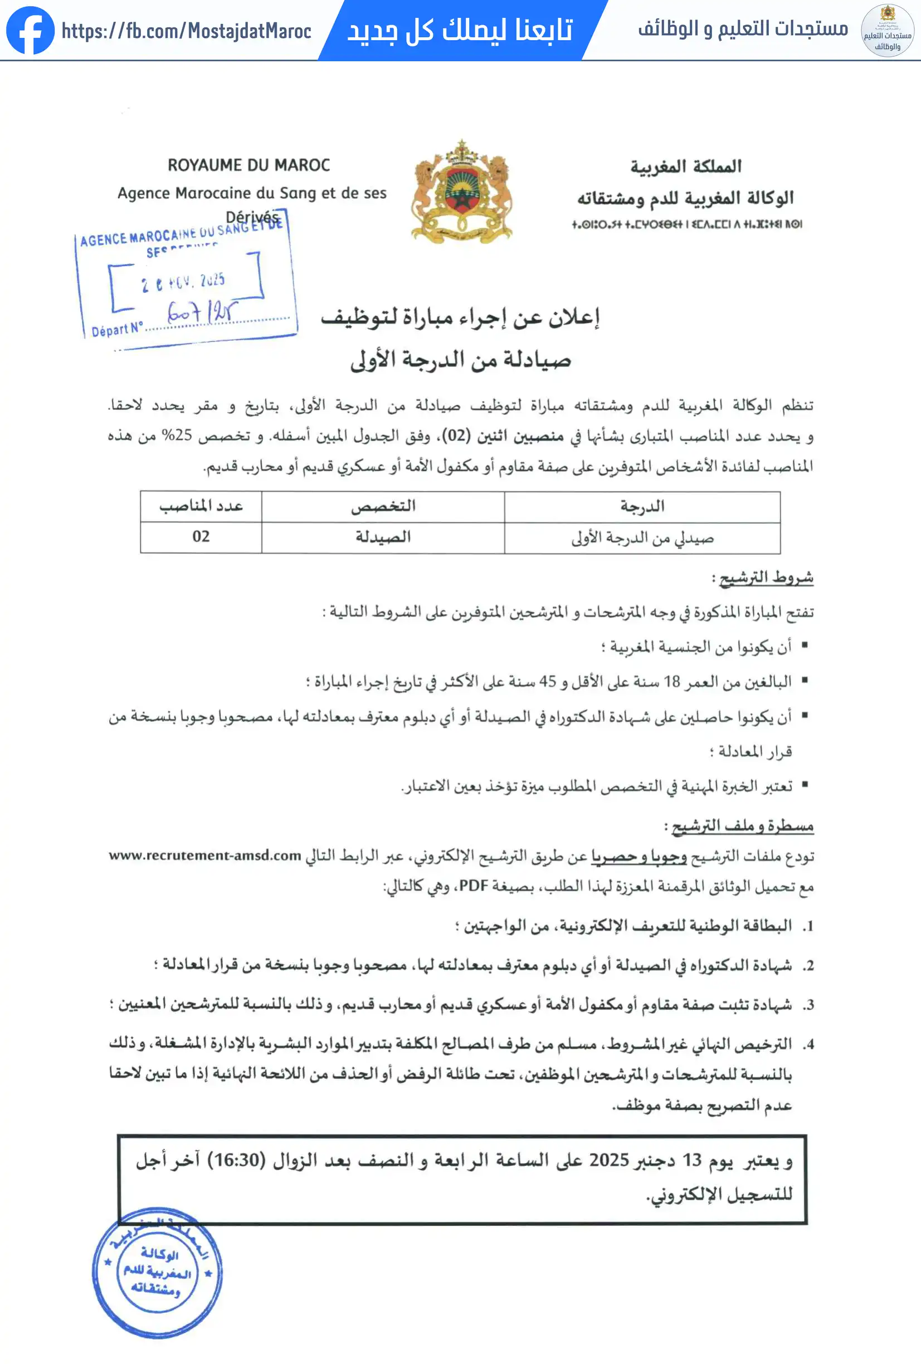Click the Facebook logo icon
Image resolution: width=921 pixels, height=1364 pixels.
click(x=30, y=30)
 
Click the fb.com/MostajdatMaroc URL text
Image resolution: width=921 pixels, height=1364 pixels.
click(x=186, y=31)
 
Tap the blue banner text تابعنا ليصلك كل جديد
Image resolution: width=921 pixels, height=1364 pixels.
click(x=460, y=30)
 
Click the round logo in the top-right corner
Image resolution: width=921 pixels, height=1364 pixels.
click(x=887, y=31)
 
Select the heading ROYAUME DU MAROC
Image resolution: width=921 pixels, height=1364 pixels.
click(x=249, y=165)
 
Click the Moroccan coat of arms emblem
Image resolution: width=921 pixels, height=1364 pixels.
click(x=461, y=192)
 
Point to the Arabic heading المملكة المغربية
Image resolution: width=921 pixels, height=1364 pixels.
click(x=686, y=167)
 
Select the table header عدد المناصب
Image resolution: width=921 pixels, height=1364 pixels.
click(x=201, y=506)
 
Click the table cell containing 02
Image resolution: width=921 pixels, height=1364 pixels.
click(x=201, y=536)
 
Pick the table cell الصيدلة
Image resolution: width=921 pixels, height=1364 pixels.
click(x=383, y=536)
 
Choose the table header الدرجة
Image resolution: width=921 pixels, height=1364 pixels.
click(x=642, y=506)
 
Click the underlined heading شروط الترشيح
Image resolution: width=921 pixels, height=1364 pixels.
click(x=766, y=578)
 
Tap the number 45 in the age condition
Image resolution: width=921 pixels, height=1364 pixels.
click(x=547, y=681)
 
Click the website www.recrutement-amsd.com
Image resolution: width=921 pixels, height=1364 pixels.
click(x=205, y=855)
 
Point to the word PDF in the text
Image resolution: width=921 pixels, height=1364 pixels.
click(x=474, y=885)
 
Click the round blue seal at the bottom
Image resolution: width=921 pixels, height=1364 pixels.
click(x=157, y=1272)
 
